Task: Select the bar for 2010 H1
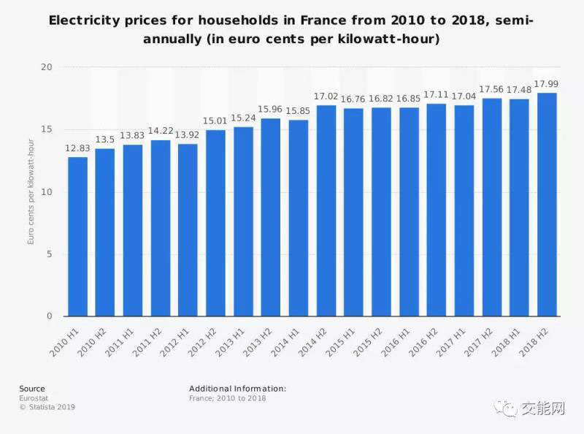coord(77,237)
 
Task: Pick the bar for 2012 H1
coord(188,230)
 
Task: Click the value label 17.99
coord(547,83)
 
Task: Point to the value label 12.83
coord(77,148)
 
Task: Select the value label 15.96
coord(270,109)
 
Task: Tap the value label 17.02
coord(326,96)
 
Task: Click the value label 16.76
coord(353,99)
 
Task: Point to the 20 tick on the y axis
coord(48,67)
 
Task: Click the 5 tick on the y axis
coord(50,254)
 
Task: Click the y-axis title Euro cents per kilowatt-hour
coord(31,191)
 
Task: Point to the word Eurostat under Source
coord(34,398)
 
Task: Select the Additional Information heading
coord(237,389)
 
